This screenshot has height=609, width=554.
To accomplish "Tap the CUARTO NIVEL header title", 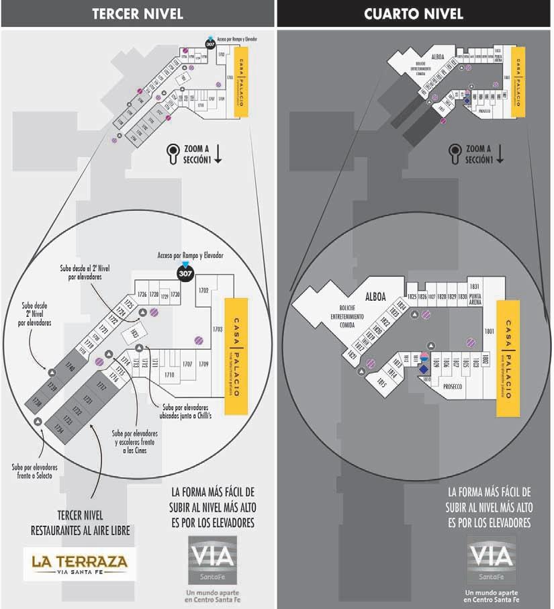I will point(414,13).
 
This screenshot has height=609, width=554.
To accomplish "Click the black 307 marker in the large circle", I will point(185,273).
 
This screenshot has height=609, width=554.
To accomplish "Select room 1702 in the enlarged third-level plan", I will point(204,290).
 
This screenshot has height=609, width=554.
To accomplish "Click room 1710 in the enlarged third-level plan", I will point(169,374).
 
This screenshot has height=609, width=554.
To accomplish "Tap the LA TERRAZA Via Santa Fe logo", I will point(79,563).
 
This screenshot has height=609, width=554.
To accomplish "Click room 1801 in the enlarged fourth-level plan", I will point(489,330).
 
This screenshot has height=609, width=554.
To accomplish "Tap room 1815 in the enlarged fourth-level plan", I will point(382,383).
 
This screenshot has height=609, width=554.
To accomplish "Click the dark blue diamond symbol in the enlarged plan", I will point(424,369).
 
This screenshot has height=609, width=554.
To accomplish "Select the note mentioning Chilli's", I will point(185,410).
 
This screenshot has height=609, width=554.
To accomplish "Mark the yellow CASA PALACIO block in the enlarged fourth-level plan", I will point(508,349).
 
